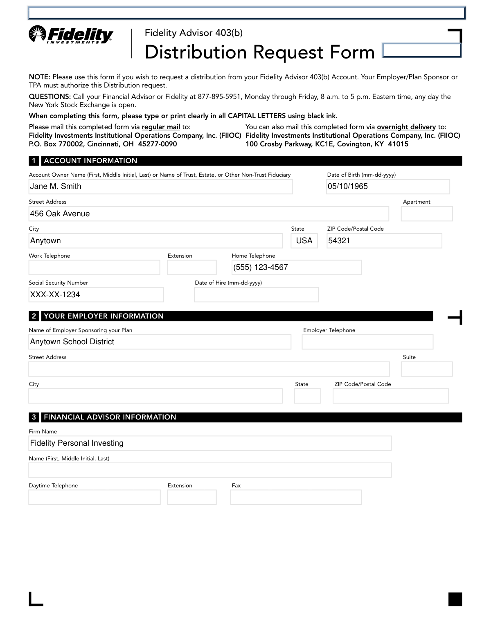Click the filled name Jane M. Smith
point(56,186)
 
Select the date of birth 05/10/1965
point(348,186)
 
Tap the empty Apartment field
point(426,214)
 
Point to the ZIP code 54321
point(339,241)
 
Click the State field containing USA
point(304,241)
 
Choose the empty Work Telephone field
point(94,267)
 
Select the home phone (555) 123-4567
point(261,267)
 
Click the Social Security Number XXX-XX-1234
point(55,295)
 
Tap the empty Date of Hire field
point(256,295)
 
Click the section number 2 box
point(34,316)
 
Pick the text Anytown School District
point(72,342)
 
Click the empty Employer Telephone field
point(367,342)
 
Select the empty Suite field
point(426,369)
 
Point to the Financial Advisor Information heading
point(110,417)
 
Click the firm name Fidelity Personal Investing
point(77,443)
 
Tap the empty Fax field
point(296,497)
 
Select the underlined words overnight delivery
point(406,127)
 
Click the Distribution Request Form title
point(259,52)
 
